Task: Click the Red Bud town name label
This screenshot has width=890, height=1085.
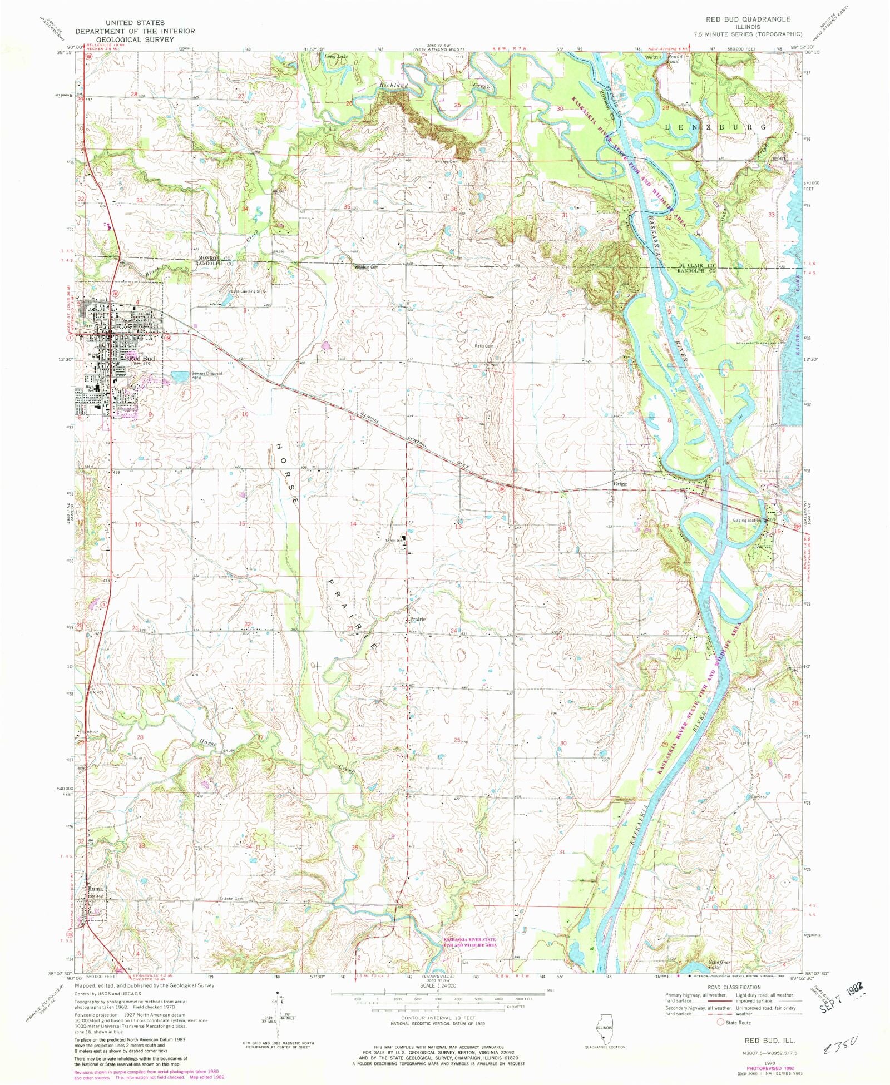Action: pyautogui.click(x=142, y=359)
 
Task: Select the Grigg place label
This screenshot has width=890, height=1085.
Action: pyautogui.click(x=620, y=484)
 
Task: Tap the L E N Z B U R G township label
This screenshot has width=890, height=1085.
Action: pyautogui.click(x=716, y=127)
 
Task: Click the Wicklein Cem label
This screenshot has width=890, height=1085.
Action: pyautogui.click(x=367, y=267)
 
